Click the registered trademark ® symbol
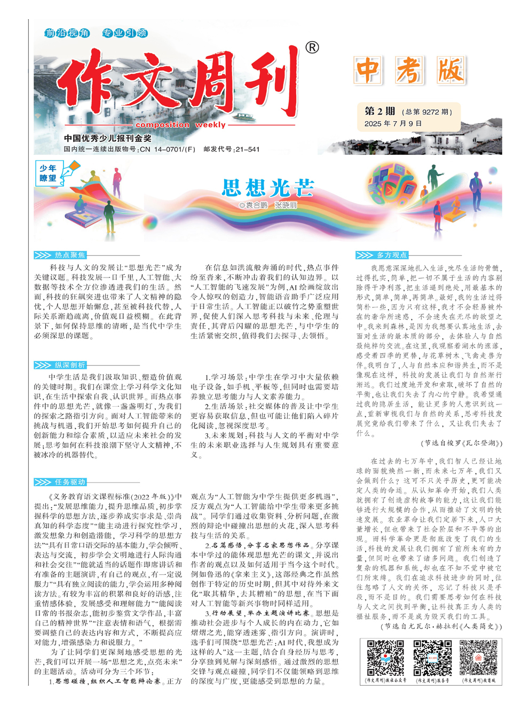312,47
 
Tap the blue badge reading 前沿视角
67,33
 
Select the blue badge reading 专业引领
125,33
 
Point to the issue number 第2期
379,111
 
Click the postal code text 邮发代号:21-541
231,149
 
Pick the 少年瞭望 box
48,173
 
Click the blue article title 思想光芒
268,188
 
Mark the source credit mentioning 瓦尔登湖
462,443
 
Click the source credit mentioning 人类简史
441,627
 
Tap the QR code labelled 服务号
432,658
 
